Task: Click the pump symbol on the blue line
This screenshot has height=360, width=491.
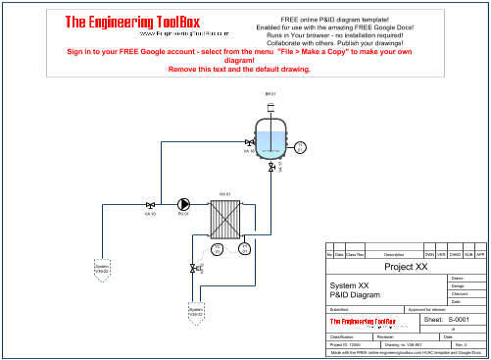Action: pos(182,204)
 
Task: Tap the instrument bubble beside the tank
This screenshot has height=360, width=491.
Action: pos(300,148)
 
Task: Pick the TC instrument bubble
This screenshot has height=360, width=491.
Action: pos(218,249)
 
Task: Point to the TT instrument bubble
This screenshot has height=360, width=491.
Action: pos(245,249)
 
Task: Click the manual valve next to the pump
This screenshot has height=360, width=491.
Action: pos(150,204)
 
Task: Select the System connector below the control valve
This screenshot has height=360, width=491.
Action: pos(195,312)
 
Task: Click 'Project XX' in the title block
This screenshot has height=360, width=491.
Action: pos(406,266)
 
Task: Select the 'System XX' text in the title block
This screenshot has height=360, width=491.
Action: pos(349,285)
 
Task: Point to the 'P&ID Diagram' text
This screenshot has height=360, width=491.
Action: pos(353,294)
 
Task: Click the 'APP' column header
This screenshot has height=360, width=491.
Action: pos(481,255)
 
